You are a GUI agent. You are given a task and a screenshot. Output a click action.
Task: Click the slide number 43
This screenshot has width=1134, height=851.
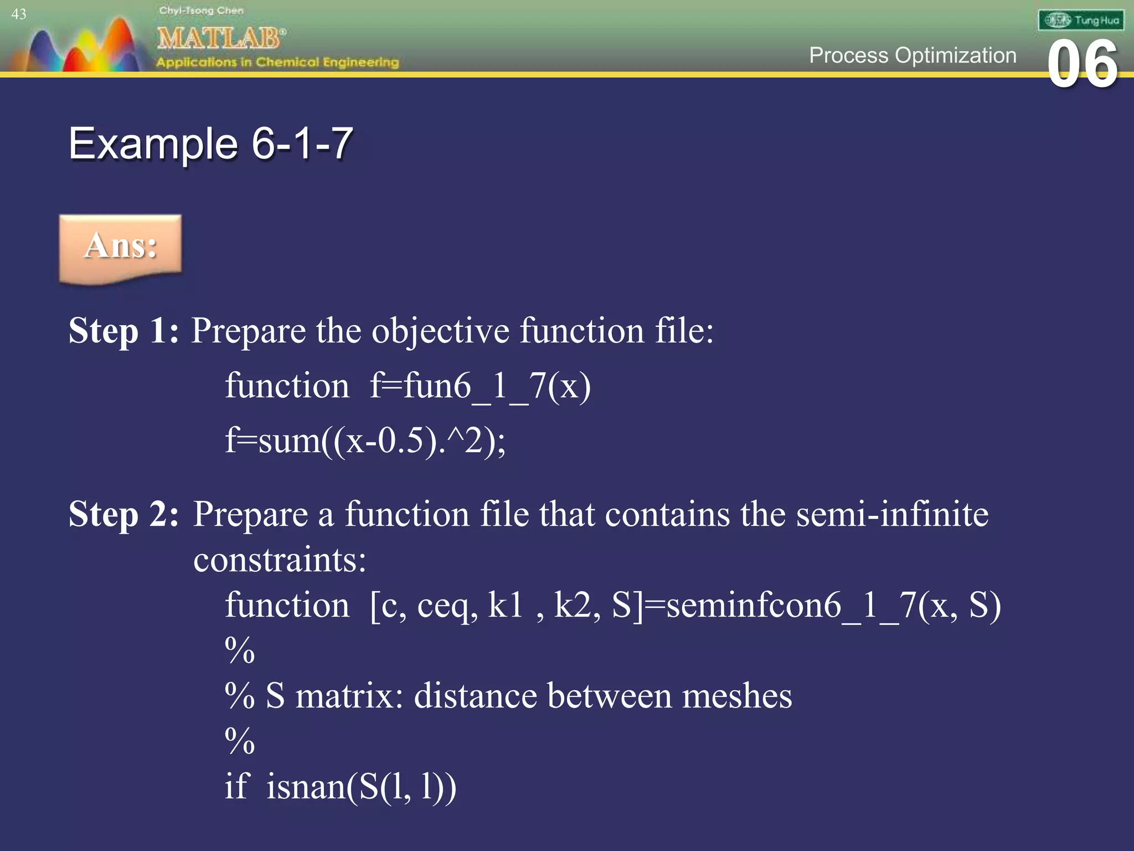click(x=19, y=14)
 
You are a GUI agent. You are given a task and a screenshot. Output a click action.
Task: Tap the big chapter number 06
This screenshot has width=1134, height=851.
click(x=1082, y=64)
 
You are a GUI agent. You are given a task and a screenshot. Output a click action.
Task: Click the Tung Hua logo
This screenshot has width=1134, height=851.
click(x=1081, y=21)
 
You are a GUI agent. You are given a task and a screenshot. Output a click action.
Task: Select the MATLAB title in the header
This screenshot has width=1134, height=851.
click(x=220, y=39)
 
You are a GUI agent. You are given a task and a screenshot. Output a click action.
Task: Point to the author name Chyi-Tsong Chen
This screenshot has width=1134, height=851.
click(x=201, y=11)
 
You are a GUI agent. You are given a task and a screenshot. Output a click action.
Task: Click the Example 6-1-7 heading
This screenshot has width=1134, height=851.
click(x=210, y=144)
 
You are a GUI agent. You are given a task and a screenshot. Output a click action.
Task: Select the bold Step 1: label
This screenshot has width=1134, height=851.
click(x=123, y=331)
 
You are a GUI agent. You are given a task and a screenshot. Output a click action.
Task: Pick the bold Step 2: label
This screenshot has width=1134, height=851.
click(x=123, y=514)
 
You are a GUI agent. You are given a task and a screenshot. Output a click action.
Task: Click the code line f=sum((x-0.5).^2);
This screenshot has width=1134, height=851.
click(x=365, y=441)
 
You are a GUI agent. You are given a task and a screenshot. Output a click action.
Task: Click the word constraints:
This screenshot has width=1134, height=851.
click(x=280, y=560)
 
